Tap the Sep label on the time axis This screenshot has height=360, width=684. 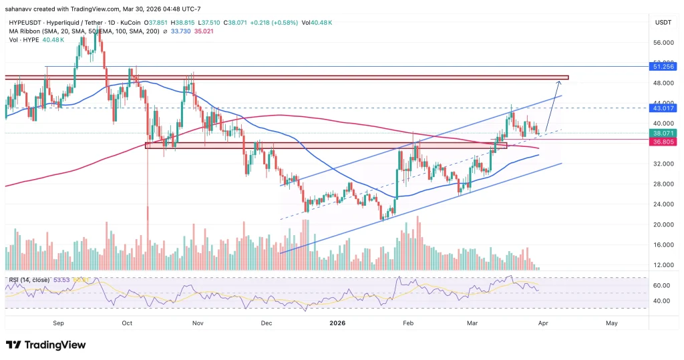[x=59, y=323]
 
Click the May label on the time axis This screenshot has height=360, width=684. [x=611, y=323]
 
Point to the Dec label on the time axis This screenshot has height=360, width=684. [x=267, y=323]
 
